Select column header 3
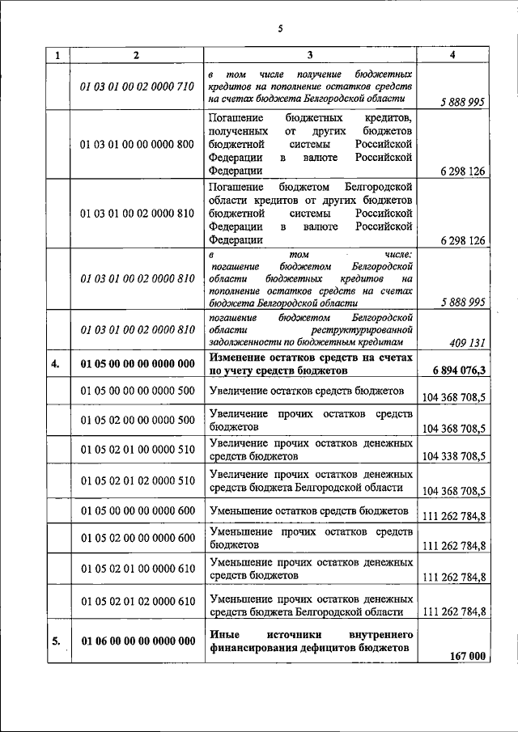pyautogui.click(x=310, y=55)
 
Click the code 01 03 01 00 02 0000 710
pyautogui.click(x=137, y=87)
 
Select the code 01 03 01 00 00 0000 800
pyautogui.click(x=137, y=144)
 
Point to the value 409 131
pyautogui.click(x=465, y=342)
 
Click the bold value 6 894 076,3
pyautogui.click(x=454, y=370)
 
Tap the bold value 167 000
pyautogui.click(x=466, y=656)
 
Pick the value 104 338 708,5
pyautogui.click(x=454, y=456)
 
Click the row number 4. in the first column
pyautogui.click(x=56, y=364)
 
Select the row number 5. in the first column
pyautogui.click(x=56, y=641)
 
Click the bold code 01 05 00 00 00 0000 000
pyautogui.click(x=137, y=364)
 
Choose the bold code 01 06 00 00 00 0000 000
pyautogui.click(x=137, y=641)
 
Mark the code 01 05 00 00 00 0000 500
pyautogui.click(x=137, y=391)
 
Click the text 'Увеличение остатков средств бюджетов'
pyautogui.click(x=306, y=391)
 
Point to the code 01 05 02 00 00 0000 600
pyautogui.click(x=137, y=538)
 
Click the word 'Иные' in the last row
pyautogui.click(x=223, y=634)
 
